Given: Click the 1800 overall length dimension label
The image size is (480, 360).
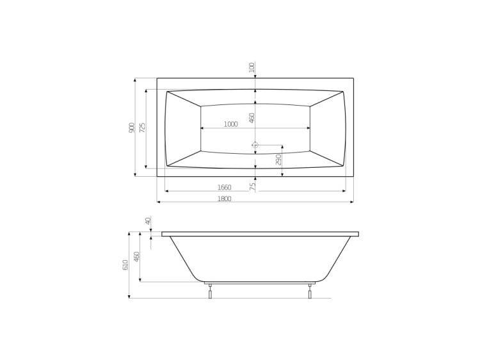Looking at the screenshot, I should point(223,199).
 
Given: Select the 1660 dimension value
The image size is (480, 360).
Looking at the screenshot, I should point(223,188).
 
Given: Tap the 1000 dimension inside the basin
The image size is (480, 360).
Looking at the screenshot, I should point(230,124).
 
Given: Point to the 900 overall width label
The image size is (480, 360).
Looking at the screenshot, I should point(132,127).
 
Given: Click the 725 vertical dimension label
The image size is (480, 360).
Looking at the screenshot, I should point(143,127).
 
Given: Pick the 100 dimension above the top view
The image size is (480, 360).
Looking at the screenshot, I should point(252,67).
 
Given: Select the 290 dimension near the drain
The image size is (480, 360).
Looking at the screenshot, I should point(278,159).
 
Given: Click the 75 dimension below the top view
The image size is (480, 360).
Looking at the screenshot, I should point(252,186).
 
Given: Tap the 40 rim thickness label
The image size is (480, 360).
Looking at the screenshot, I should point(148,221).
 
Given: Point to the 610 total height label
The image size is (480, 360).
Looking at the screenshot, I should point(125,265).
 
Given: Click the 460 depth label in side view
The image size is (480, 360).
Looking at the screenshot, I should point(136,258).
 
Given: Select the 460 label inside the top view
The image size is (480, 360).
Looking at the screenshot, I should point(252,118).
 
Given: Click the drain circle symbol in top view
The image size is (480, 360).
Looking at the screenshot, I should point(255,145).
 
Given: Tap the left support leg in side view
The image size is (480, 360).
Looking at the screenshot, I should point(210,291).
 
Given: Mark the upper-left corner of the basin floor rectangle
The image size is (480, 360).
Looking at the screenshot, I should point(201,106).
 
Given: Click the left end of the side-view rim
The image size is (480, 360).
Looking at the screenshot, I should point(163,234).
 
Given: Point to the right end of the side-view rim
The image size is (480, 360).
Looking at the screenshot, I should point(358,234).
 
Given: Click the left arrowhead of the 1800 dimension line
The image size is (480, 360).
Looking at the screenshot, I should point(159,202).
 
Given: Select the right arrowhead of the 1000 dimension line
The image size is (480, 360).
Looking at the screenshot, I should point(308,128).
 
